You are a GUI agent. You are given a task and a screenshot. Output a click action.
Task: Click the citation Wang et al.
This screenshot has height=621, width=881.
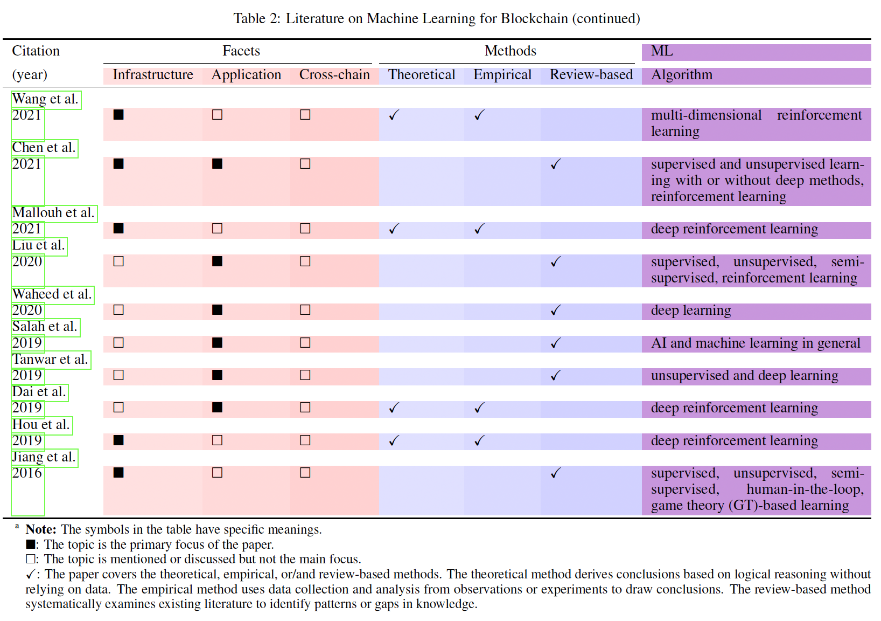coord(46,99)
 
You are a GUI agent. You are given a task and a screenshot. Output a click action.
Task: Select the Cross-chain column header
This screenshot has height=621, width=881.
coord(334,75)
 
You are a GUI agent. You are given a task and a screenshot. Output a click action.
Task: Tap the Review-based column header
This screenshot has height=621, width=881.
coord(591,75)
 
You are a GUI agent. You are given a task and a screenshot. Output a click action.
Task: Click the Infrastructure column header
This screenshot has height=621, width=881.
coord(153,75)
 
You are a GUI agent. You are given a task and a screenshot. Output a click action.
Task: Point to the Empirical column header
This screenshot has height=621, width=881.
coord(502,75)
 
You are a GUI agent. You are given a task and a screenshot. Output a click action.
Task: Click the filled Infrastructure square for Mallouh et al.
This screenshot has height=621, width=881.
coord(118,229)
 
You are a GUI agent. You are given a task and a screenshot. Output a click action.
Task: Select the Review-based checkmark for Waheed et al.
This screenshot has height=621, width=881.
coord(556,310)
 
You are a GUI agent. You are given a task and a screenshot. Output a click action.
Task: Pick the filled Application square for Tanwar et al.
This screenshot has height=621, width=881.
coord(217,375)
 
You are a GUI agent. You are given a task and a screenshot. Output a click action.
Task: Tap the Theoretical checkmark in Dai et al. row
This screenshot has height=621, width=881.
coord(394,408)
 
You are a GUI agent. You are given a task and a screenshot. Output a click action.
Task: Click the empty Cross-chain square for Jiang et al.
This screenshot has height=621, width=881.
coord(305,473)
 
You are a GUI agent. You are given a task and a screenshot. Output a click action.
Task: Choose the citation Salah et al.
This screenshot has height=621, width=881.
coord(45,327)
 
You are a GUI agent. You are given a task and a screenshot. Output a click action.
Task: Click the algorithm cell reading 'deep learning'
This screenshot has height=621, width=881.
coord(691,310)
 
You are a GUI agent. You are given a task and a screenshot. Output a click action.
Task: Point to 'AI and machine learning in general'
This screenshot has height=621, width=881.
coord(756,343)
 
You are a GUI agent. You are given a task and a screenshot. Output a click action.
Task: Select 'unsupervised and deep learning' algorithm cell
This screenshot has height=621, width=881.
coord(744,376)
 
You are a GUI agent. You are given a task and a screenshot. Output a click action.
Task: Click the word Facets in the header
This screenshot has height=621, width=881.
coord(241,51)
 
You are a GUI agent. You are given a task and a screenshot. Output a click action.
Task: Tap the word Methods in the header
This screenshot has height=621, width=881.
coord(510,51)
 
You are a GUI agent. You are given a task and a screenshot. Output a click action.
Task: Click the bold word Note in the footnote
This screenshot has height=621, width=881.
coord(40,529)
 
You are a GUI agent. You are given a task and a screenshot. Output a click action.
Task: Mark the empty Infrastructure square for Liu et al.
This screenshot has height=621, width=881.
coord(118,261)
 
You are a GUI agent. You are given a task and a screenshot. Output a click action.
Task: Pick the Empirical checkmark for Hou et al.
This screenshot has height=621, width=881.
coord(479,441)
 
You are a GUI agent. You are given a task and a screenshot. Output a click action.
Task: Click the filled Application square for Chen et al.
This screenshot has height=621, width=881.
coord(217,164)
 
